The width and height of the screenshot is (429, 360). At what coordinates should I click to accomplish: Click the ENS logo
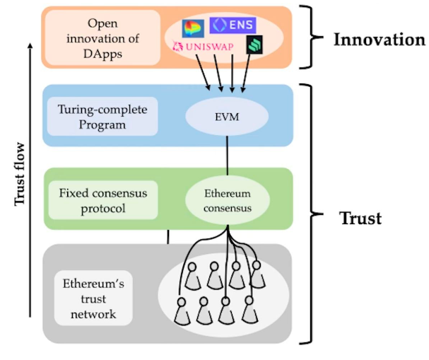233,25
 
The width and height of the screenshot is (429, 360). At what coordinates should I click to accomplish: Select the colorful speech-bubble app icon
192,27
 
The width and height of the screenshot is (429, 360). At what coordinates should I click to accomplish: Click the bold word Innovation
379,39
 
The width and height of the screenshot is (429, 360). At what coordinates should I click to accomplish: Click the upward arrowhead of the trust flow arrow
29,47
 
